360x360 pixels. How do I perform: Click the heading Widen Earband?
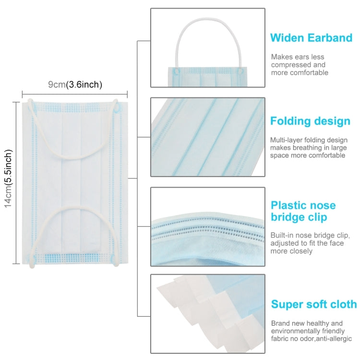[311, 38]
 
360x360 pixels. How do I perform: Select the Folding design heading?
[310, 120]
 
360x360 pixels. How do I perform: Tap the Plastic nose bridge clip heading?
[303, 211]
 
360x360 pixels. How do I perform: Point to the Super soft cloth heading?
[314, 304]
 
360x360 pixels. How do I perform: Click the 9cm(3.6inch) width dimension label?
[75, 85]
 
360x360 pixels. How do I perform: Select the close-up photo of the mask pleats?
[207, 137]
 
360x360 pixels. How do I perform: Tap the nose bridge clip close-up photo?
[207, 227]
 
